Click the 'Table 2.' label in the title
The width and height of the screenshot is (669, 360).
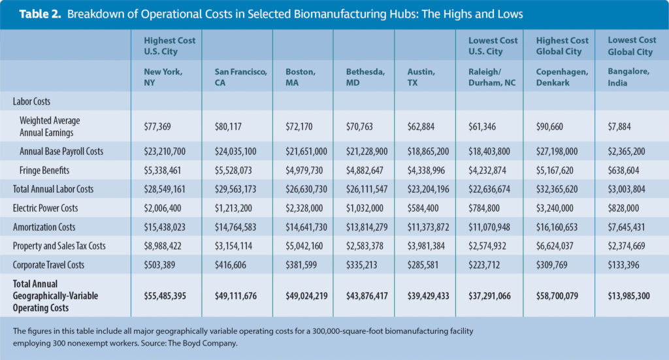[x=42, y=14]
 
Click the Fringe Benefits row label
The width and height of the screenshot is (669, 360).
[x=47, y=171]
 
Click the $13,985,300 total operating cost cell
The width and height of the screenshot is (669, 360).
[x=630, y=296]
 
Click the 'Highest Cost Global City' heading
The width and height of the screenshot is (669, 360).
[x=560, y=45]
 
